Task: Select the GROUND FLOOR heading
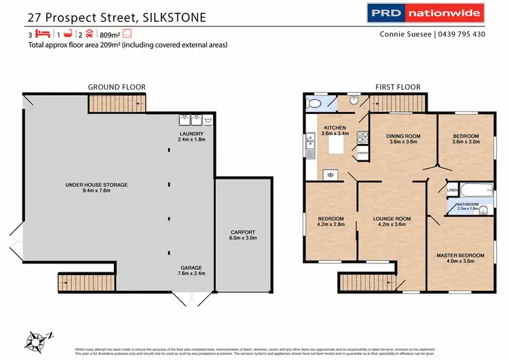(116, 87)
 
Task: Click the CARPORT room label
(244, 234)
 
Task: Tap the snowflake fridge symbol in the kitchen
(331, 175)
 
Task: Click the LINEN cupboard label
(452, 191)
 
